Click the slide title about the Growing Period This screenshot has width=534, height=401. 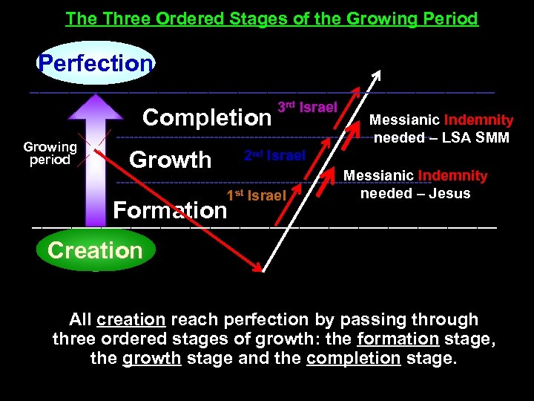(271, 18)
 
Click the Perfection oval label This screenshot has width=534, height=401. (95, 63)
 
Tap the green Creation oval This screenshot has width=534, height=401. (95, 250)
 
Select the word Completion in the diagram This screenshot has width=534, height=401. (207, 117)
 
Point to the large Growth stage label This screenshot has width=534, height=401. (170, 160)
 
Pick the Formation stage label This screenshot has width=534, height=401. (170, 210)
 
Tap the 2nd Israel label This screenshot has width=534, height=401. (274, 155)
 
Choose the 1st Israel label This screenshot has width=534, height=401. (256, 196)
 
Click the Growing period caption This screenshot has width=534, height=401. (49, 153)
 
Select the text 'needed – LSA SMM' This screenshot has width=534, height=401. (441, 137)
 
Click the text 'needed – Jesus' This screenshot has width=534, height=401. (415, 193)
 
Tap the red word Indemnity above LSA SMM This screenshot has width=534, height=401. (478, 120)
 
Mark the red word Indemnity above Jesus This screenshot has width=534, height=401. (452, 176)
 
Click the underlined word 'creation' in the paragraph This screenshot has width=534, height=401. (131, 320)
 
